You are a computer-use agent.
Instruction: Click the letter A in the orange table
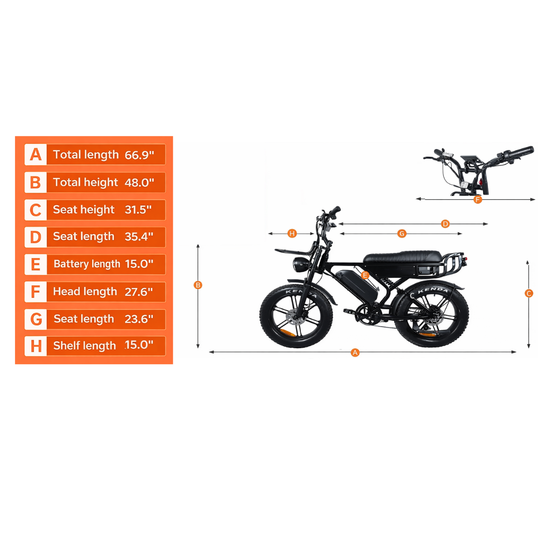(36, 154)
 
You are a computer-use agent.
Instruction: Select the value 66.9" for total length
(139, 155)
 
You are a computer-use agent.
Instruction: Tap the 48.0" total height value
(139, 182)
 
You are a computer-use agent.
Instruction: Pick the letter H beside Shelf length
(36, 346)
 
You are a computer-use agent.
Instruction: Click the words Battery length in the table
(87, 264)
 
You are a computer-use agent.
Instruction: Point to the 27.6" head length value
(138, 292)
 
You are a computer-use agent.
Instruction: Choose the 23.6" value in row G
(138, 319)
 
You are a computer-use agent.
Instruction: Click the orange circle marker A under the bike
(355, 352)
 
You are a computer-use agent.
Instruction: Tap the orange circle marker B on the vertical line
(198, 285)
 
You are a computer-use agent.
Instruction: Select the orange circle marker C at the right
(529, 293)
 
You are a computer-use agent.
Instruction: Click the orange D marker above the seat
(445, 224)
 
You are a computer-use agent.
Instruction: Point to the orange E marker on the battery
(365, 275)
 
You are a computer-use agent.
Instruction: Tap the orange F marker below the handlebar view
(478, 200)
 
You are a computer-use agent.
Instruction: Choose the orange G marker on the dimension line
(402, 234)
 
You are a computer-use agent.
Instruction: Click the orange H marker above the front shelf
(292, 234)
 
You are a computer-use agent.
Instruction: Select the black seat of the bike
(402, 257)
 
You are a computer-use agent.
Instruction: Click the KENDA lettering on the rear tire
(433, 290)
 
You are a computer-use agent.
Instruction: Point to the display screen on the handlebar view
(471, 158)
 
